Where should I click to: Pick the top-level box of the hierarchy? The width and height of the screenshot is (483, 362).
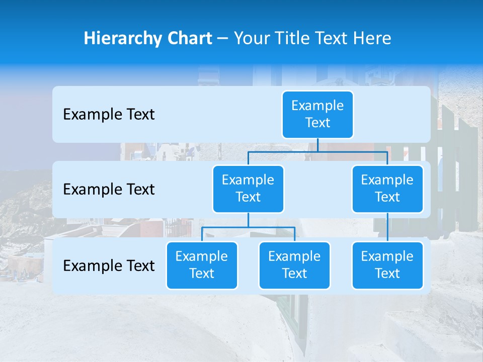tap(317, 114)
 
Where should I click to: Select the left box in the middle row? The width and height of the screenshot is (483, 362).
tap(248, 189)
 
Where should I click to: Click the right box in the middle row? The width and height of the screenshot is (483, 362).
tap(387, 189)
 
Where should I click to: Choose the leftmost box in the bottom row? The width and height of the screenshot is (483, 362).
tap(202, 265)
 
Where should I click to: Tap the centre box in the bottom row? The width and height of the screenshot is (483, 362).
tap(294, 265)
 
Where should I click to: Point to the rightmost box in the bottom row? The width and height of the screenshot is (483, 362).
tap(387, 265)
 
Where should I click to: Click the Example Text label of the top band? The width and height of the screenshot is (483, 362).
tap(109, 114)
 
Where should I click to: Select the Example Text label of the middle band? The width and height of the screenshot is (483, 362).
tap(109, 189)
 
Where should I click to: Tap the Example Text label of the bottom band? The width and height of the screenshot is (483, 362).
tap(109, 265)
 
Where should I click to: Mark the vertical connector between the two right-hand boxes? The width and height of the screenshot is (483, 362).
tap(387, 227)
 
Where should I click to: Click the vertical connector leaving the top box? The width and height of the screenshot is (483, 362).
tap(317, 145)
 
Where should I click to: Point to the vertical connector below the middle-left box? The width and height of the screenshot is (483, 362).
tap(248, 220)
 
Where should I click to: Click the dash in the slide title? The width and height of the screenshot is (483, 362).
tap(223, 39)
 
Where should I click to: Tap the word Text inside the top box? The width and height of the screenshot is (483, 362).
tap(317, 123)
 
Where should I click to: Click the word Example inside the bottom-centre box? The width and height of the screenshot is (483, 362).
tap(294, 256)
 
